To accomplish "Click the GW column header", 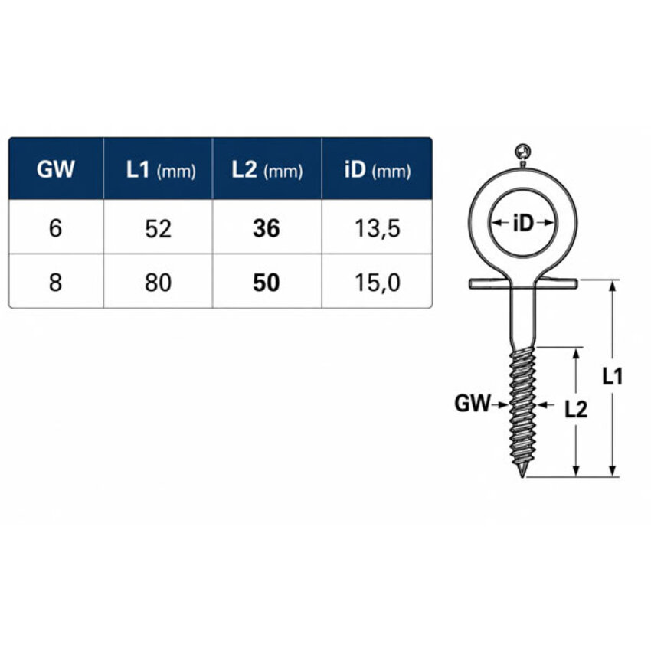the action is tap(55, 169).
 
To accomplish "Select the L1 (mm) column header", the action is tap(161, 170).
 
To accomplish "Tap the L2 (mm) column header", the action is tap(267, 170).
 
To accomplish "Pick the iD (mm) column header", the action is tap(378, 170).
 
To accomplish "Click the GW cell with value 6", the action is tap(55, 228).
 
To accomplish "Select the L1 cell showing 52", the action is tap(159, 229).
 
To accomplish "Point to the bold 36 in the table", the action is tap(267, 229).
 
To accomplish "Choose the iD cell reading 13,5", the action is tap(378, 229).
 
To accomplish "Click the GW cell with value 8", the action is tap(55, 283).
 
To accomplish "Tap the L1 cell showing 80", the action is tap(159, 283).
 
